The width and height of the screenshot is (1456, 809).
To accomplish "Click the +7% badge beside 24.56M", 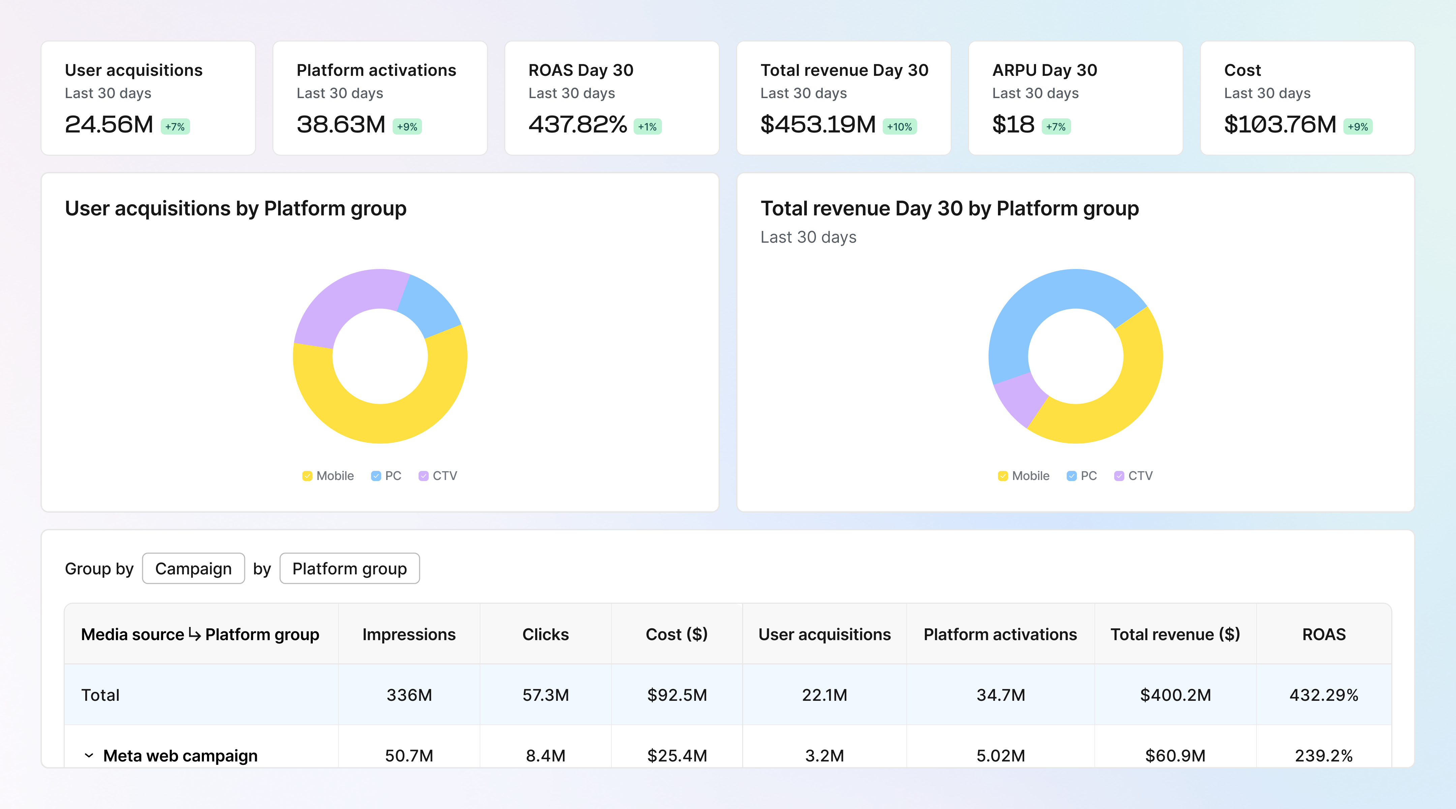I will (x=175, y=127).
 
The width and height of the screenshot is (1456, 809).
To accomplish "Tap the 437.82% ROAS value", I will (x=577, y=124).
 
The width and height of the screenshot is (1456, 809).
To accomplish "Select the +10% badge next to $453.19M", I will (x=899, y=127).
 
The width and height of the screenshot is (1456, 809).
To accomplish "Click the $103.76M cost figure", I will (x=1280, y=124).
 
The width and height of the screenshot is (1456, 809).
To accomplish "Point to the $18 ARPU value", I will (x=1013, y=124).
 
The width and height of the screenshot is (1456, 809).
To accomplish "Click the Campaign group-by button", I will (x=193, y=568).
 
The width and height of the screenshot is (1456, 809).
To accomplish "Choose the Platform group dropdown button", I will (x=349, y=568).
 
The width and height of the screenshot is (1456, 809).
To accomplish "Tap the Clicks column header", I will (x=545, y=634).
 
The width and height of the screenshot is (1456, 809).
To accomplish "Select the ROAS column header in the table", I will (x=1324, y=634).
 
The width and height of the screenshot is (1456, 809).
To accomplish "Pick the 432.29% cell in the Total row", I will (x=1324, y=695).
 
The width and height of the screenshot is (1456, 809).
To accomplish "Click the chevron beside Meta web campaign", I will (x=89, y=756).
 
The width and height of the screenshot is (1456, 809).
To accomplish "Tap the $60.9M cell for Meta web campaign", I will (x=1175, y=756).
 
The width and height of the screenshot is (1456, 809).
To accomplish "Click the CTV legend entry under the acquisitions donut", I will (x=438, y=476).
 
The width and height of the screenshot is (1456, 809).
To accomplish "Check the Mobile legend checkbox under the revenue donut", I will (x=1003, y=476).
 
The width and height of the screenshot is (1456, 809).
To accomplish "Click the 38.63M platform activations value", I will (x=341, y=124).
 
